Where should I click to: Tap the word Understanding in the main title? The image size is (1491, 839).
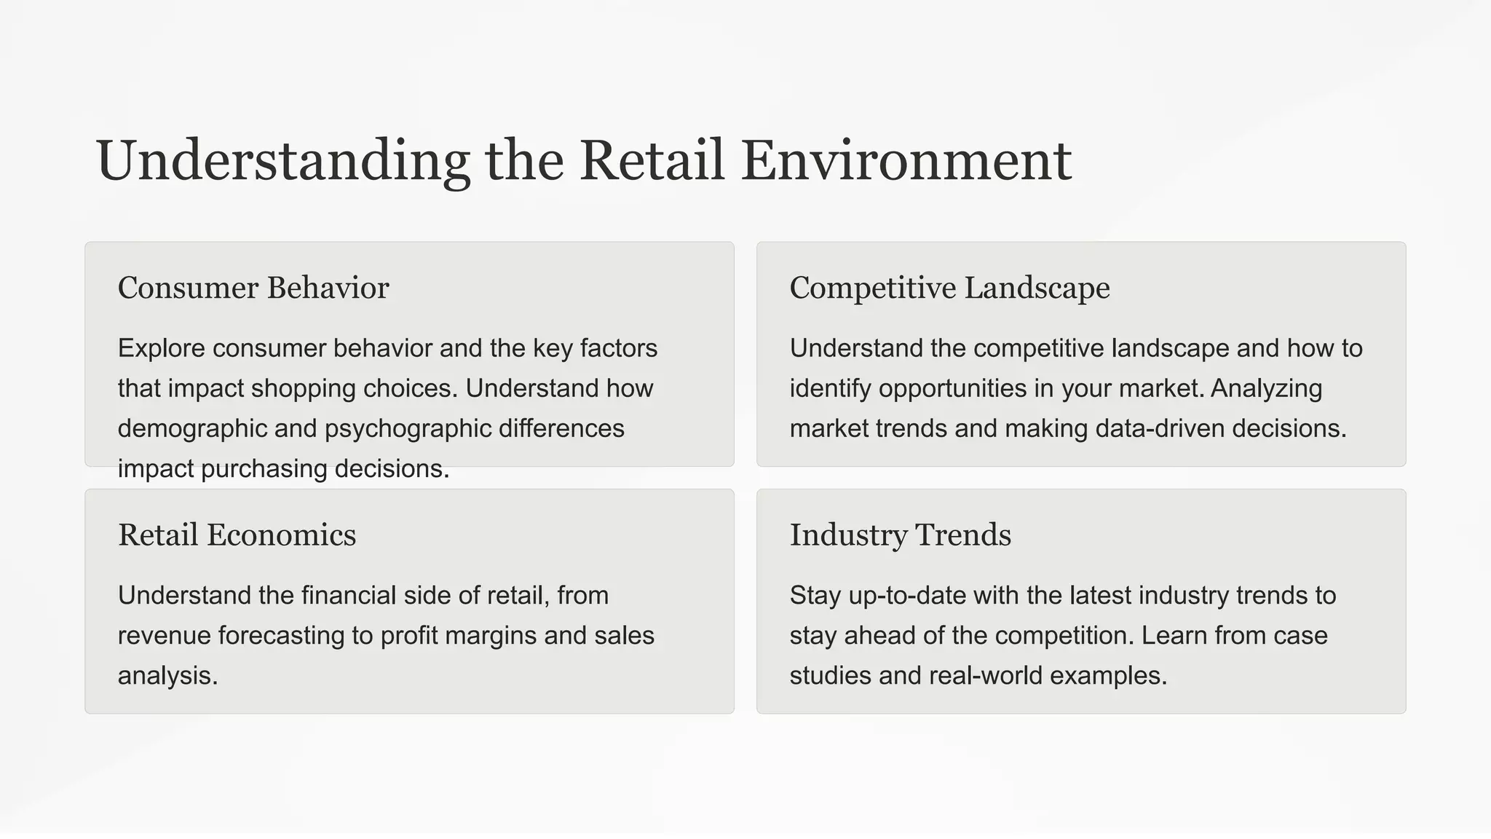[x=282, y=161]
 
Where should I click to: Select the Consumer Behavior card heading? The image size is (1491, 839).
[x=253, y=288]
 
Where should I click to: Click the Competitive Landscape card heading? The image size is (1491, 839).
[x=949, y=288]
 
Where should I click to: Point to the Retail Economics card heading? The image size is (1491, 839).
[x=237, y=535]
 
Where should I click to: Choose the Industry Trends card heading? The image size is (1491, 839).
[x=900, y=535]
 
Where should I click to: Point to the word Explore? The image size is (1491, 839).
[x=161, y=348]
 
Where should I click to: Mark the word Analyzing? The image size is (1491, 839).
[x=1266, y=388]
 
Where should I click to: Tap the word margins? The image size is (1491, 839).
[x=490, y=636]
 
